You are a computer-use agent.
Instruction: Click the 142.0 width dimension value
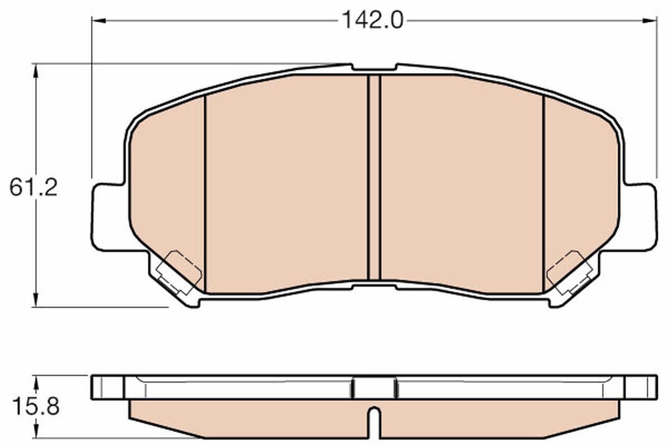[372, 21]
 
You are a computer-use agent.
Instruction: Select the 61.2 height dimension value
[33, 187]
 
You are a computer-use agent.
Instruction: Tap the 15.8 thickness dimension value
[34, 406]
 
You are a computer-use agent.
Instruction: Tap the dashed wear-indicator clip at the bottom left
[178, 272]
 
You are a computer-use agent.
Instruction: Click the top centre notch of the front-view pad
[374, 68]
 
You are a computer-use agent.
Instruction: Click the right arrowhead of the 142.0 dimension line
[651, 21]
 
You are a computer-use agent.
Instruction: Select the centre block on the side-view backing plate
[375, 387]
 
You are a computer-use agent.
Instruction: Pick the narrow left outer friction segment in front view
[167, 190]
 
